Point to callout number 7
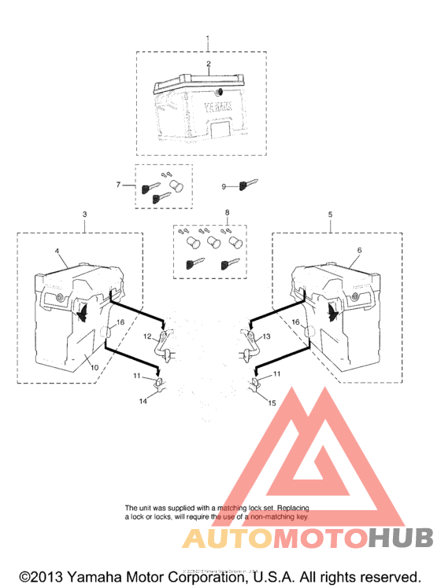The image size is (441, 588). tap(118, 185)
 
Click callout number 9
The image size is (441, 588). tap(223, 186)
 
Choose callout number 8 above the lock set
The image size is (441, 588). tap(227, 213)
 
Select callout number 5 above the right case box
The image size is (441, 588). tap(331, 214)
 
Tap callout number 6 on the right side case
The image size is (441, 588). tap(358, 249)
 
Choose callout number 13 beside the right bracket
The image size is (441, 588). tap(265, 336)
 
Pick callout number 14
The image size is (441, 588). tap(143, 402)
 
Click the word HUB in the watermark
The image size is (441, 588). tap(401, 538)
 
